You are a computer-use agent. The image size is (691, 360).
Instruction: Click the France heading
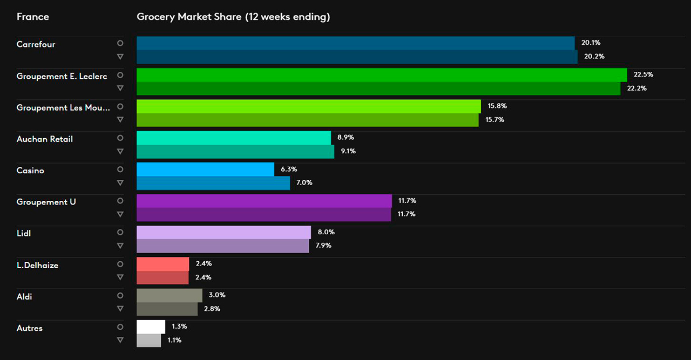point(33,17)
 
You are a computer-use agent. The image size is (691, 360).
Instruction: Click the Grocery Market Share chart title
point(233,17)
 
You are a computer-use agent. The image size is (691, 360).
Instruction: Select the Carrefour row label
point(36,44)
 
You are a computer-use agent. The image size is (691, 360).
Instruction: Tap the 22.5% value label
point(643,74)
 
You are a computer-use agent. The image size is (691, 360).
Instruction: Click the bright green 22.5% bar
point(382,74)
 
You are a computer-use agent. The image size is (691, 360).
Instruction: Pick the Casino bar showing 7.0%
point(213,183)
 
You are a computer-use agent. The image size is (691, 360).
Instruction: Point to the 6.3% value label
point(288,169)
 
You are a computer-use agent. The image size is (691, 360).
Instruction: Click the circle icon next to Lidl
point(120,233)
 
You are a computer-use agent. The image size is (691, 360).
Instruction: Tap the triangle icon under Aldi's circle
point(120,309)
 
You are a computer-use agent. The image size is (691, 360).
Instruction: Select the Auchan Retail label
point(45,139)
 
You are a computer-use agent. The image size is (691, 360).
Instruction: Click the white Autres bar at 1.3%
point(151,327)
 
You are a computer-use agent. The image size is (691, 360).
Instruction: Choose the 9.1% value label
point(348,151)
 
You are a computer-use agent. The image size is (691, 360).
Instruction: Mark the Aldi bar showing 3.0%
point(170,295)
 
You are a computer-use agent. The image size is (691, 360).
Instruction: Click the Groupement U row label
point(46,202)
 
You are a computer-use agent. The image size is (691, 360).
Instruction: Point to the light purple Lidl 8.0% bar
point(223,232)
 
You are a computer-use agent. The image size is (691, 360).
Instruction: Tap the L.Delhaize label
point(38,266)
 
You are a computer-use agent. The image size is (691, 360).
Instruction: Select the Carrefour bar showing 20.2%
point(357,57)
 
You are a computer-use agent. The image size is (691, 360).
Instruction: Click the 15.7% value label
point(494,120)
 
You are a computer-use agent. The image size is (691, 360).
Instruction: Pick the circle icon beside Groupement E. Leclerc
point(120,75)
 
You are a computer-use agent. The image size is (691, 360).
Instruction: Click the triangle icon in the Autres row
point(120,340)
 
